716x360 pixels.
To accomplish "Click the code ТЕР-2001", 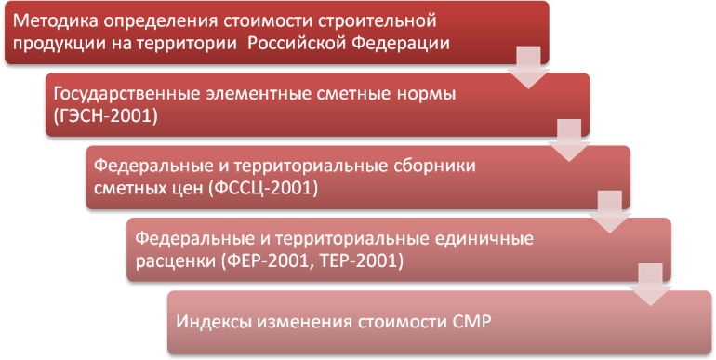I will pyautogui.click(x=357, y=260).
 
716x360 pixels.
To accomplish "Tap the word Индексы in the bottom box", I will pyautogui.click(x=212, y=323).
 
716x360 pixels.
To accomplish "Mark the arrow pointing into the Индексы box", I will pyautogui.click(x=649, y=282).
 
